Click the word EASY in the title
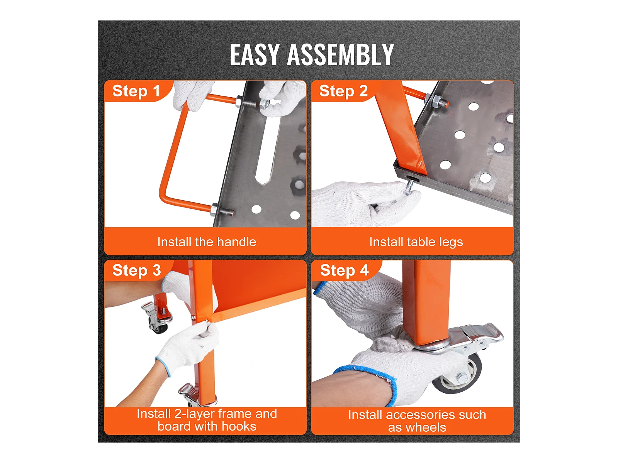click(254, 54)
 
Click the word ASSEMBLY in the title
click(340, 54)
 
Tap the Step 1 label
click(136, 91)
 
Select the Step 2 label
click(343, 91)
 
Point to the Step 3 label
click(137, 270)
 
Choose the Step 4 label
click(344, 270)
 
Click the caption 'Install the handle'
click(207, 242)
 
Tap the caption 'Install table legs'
click(416, 242)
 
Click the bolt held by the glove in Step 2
click(409, 188)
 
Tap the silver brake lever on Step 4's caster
click(481, 333)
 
